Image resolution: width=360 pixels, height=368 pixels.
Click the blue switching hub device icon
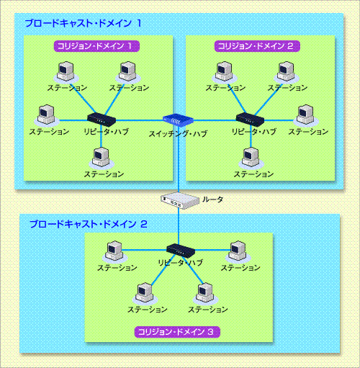[x=178, y=120]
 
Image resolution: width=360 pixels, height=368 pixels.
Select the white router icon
[x=180, y=200]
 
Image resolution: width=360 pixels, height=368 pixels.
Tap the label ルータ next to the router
[x=213, y=199]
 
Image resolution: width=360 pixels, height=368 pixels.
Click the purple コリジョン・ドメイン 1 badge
[x=96, y=46]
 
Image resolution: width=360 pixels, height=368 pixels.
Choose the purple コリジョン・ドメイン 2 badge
[x=257, y=46]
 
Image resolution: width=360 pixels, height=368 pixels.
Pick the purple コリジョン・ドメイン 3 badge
[x=177, y=332]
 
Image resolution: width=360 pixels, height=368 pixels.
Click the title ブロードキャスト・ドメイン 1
[x=83, y=23]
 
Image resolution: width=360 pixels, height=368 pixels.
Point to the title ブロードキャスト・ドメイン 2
[x=89, y=224]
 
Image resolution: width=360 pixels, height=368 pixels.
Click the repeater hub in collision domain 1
[x=102, y=119]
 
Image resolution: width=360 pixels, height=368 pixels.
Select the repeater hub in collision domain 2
[x=250, y=119]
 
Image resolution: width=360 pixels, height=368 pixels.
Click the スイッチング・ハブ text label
[x=178, y=134]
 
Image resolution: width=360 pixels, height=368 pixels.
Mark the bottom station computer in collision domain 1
[x=102, y=158]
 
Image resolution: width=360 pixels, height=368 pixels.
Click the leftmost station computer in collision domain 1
[x=47, y=115]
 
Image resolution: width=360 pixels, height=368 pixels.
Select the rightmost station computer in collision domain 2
[x=306, y=115]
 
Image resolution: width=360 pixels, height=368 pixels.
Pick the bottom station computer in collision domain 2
[x=251, y=158]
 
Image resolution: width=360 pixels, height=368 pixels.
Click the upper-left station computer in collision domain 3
[x=114, y=251]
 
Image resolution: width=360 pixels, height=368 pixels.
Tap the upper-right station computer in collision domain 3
[x=238, y=251]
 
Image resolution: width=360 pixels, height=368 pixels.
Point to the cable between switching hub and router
[x=179, y=159]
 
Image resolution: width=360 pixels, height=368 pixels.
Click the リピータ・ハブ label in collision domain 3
[x=181, y=263]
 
